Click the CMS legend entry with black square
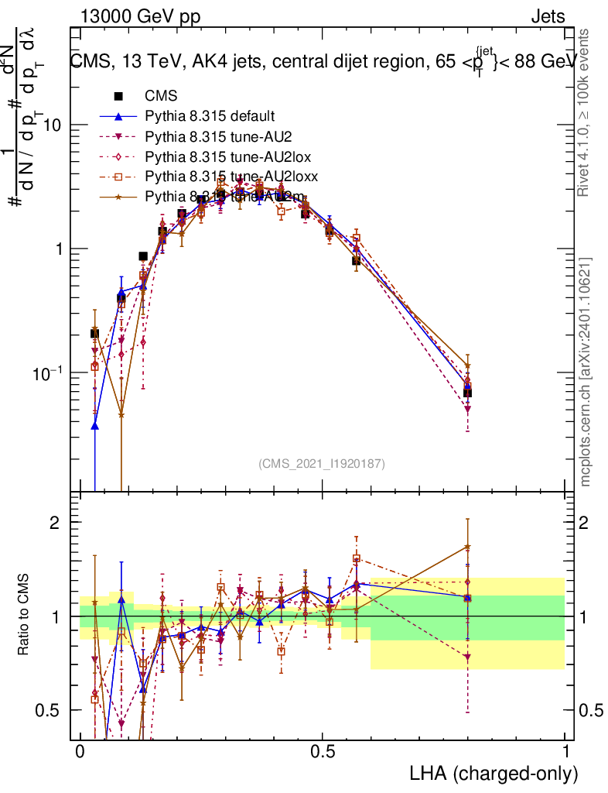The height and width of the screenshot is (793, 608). (161, 97)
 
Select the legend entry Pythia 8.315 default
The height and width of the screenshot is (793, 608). (210, 117)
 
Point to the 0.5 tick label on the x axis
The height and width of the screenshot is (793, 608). (323, 751)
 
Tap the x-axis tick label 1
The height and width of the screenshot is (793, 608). (565, 751)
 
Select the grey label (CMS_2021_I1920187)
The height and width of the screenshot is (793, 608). (322, 463)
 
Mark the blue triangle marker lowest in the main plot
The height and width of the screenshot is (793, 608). (95, 425)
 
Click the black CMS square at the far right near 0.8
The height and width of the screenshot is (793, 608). (467, 392)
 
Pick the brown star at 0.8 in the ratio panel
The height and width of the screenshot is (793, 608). (467, 547)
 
